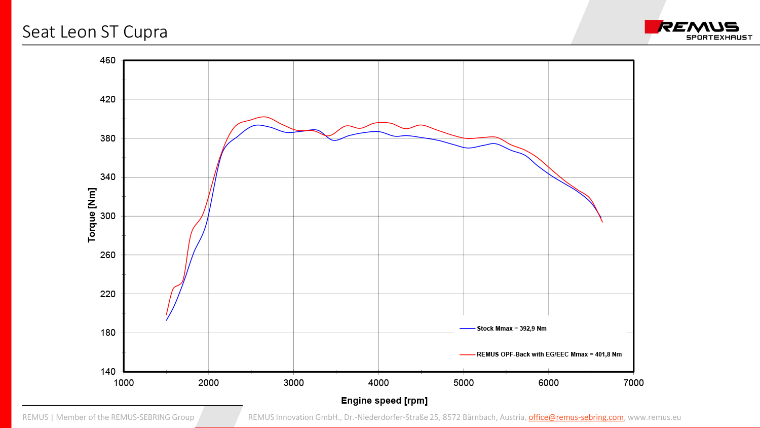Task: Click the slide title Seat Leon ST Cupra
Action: coord(95,32)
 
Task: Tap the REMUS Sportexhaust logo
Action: coord(698,30)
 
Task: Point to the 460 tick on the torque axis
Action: coord(107,60)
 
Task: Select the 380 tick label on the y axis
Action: coord(107,138)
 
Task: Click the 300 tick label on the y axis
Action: coord(107,216)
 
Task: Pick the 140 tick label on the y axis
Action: coord(107,372)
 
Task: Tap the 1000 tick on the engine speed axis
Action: coord(124,383)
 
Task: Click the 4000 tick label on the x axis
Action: coord(378,383)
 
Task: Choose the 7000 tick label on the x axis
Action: coord(633,383)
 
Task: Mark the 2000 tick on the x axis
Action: coord(209,383)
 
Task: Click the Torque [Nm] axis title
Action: coord(92,215)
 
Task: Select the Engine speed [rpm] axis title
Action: coord(384,401)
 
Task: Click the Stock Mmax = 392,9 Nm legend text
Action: coord(511,329)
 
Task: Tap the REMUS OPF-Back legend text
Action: coord(549,354)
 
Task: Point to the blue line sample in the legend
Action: coord(467,329)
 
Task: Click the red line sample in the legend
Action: coord(467,354)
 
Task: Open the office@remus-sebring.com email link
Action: coord(576,417)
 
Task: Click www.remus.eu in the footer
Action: coord(654,417)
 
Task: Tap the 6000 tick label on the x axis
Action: coord(548,383)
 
